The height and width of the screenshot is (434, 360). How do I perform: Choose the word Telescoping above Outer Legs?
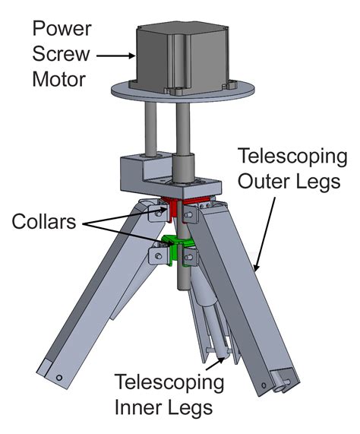click(x=292, y=157)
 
